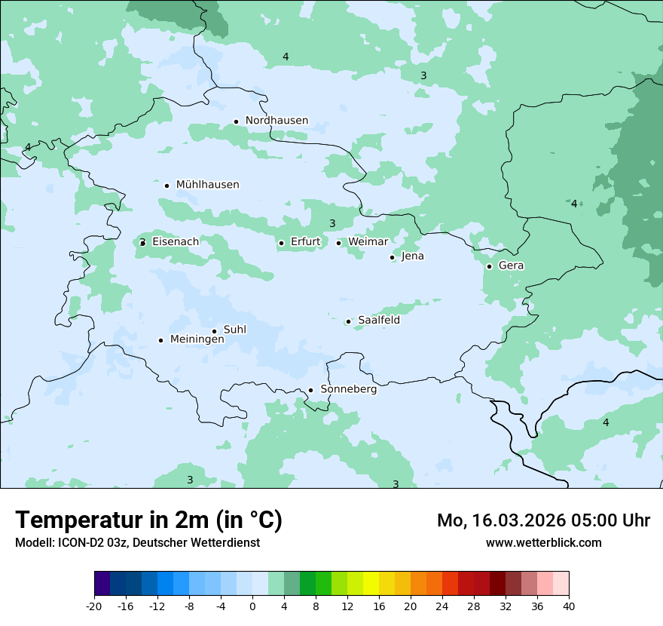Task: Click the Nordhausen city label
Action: coord(277,121)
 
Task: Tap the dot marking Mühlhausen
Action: coord(167,186)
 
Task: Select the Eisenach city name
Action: coord(176,242)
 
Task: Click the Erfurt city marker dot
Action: coord(281,243)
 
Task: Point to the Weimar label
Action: coord(368,242)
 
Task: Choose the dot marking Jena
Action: coord(392,257)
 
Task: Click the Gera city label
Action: coord(511,265)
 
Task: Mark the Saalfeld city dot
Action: coord(348,321)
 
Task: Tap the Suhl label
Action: coord(235,330)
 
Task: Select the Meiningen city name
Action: coord(197,339)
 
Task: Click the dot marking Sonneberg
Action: coord(310,390)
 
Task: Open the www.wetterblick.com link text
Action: coord(543,543)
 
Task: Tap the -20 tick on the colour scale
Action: coord(94,606)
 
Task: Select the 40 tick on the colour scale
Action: coord(569,606)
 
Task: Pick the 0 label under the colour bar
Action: coord(252,606)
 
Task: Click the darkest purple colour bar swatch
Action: coord(102,584)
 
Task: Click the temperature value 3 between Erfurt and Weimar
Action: coord(332,223)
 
